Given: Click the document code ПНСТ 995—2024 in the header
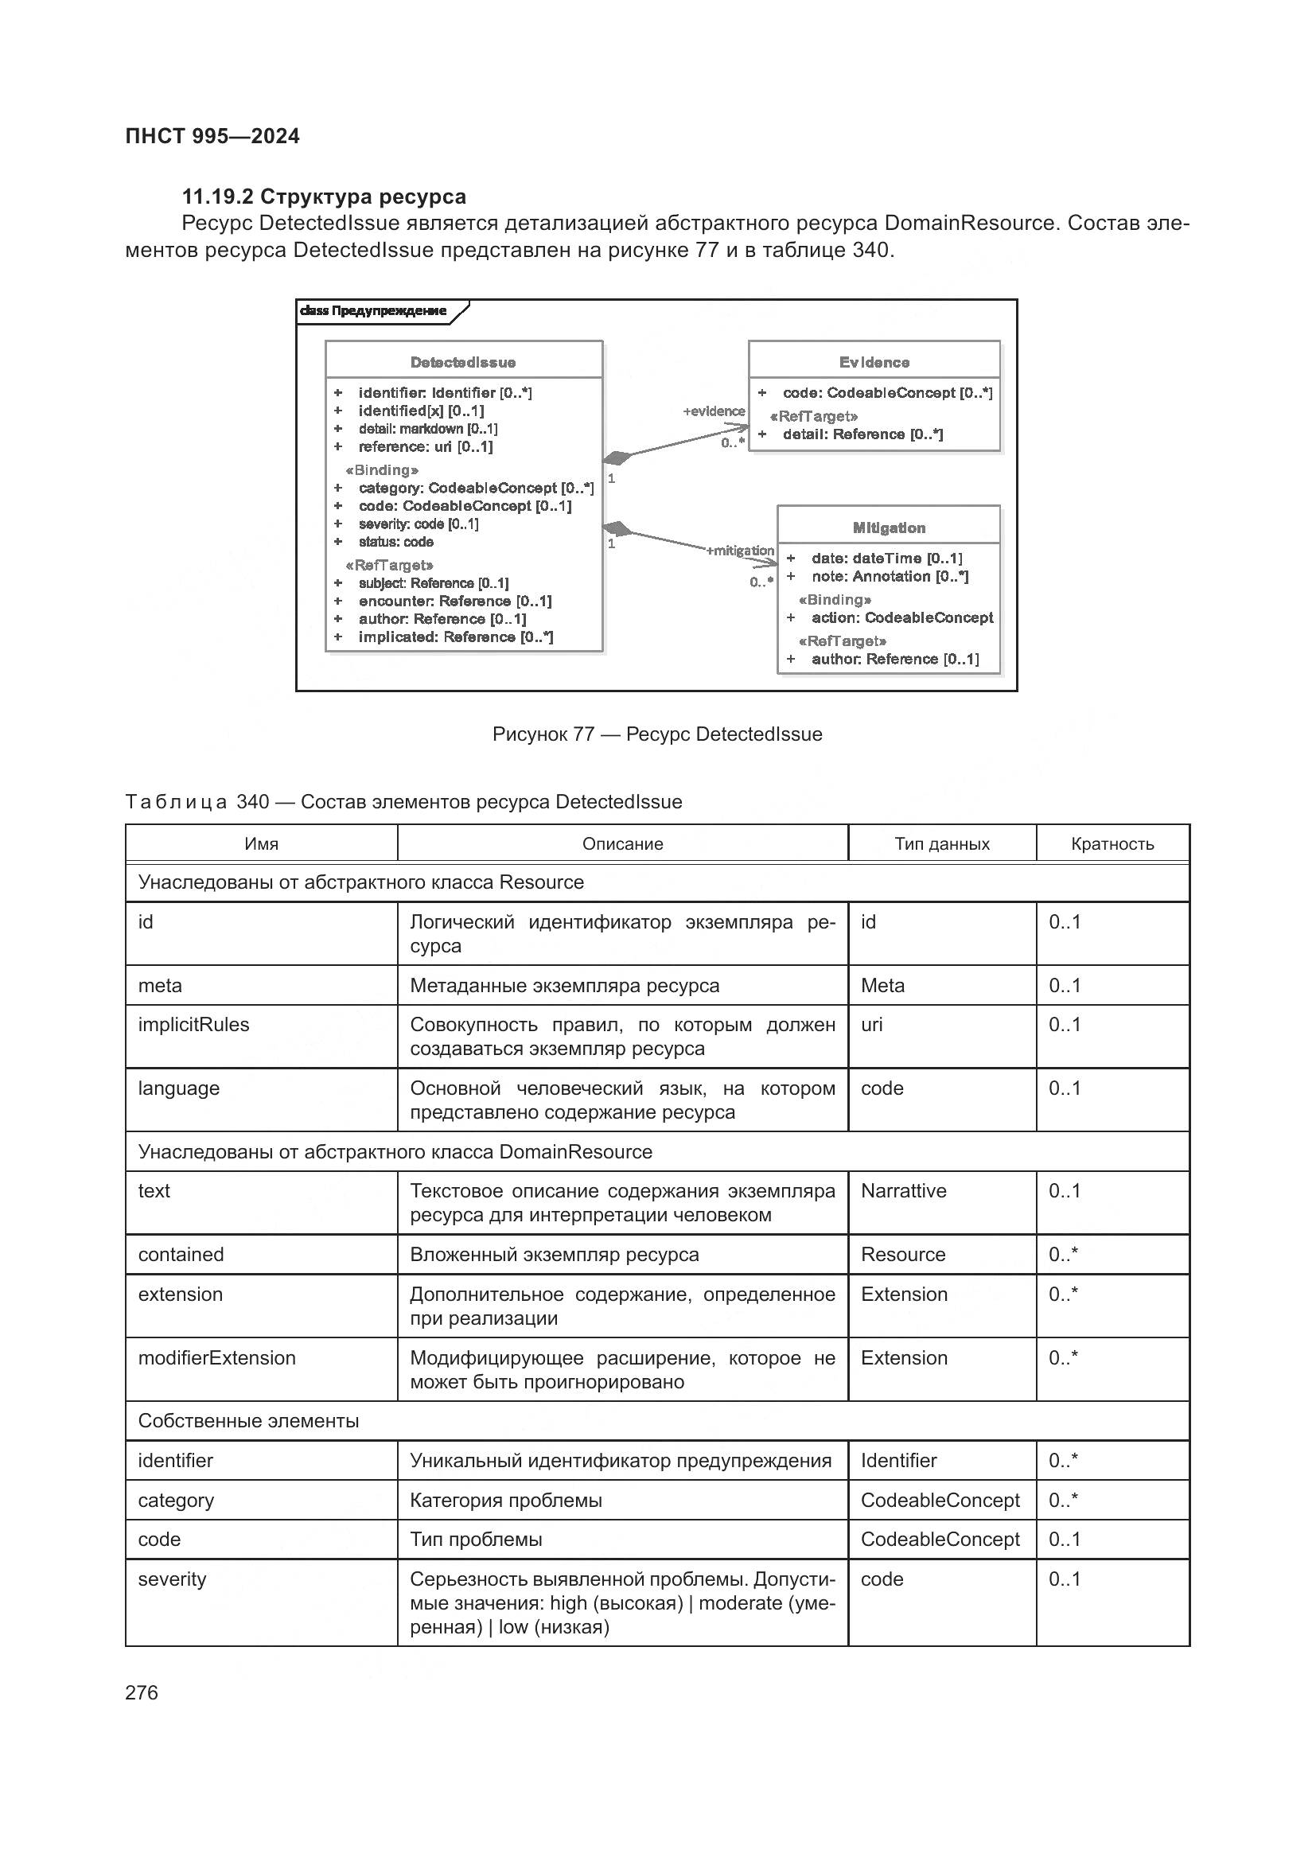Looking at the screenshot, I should click(x=212, y=136).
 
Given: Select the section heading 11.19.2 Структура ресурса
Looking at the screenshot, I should click(x=323, y=197).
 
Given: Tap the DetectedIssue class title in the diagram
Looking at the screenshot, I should click(x=463, y=362).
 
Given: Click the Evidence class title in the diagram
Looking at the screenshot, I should click(x=874, y=362).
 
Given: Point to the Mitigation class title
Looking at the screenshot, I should click(x=888, y=528).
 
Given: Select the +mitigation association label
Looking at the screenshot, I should click(x=740, y=551).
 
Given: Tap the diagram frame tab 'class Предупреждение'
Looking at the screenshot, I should click(x=374, y=311).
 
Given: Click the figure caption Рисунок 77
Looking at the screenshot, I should click(x=656, y=734).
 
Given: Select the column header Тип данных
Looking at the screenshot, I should click(x=941, y=843).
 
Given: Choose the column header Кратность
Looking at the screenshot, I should click(x=1112, y=843).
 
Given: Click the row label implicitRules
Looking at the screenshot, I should click(x=193, y=1025).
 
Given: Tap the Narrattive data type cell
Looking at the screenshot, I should click(x=904, y=1191).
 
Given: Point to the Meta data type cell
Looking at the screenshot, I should click(x=882, y=986).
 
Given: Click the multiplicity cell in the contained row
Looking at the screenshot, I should click(x=1063, y=1255).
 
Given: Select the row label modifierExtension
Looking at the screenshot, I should click(x=217, y=1357).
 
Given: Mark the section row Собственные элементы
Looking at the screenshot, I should click(x=248, y=1421).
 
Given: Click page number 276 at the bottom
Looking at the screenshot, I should click(x=142, y=1692).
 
